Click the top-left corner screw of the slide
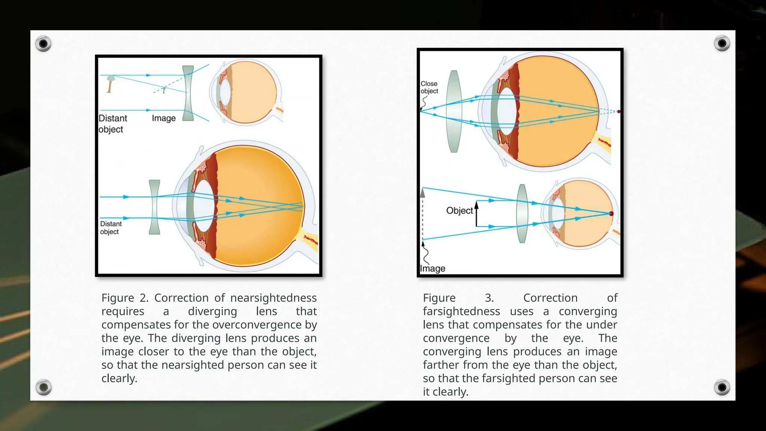(43, 44)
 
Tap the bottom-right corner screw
(722, 387)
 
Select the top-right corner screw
(722, 44)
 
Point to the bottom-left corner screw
(43, 387)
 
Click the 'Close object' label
(429, 87)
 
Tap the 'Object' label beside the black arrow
(459, 211)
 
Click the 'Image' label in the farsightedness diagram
(432, 269)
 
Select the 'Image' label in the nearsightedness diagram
(163, 118)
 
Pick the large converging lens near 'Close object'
(454, 111)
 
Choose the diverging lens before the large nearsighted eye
(154, 207)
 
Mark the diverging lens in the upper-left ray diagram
(188, 93)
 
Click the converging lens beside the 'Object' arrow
(522, 214)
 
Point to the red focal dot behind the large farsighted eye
(619, 111)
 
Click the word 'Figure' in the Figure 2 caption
(117, 298)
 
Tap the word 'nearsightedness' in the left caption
(273, 298)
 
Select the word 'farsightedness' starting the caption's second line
(461, 311)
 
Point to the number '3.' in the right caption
(489, 298)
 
